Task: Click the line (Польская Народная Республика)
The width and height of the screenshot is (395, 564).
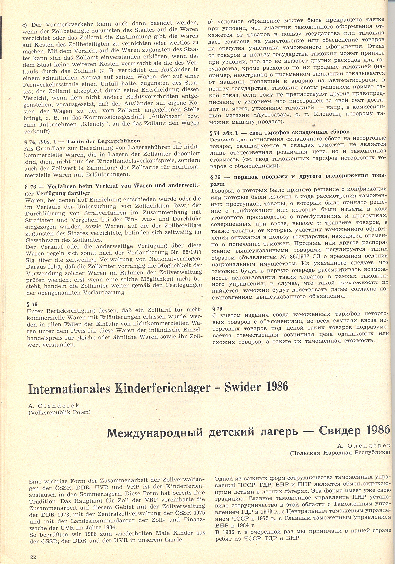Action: pos(339,452)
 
